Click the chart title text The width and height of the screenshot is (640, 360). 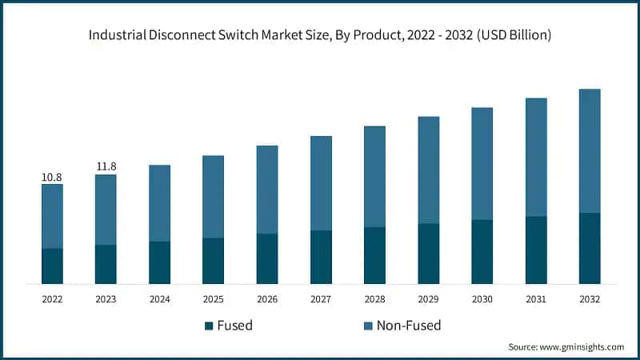(x=320, y=35)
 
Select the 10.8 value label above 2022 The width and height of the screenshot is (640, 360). (x=52, y=176)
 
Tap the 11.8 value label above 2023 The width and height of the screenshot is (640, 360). (x=106, y=166)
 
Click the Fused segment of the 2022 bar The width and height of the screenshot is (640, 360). (x=52, y=266)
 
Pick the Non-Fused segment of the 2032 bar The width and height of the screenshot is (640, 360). (x=590, y=150)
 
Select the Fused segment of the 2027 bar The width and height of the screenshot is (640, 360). (x=321, y=257)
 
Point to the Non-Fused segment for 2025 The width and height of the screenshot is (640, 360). (x=214, y=197)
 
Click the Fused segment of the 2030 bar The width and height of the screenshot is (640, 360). (x=482, y=251)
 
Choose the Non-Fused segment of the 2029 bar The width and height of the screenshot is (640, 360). (x=429, y=170)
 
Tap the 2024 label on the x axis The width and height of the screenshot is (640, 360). (x=159, y=298)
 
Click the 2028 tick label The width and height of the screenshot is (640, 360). (x=374, y=298)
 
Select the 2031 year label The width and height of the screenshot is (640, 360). (x=536, y=298)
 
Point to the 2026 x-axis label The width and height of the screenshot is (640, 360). (x=267, y=298)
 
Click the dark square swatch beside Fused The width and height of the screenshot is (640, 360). (x=210, y=326)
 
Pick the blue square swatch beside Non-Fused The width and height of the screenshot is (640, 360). (x=368, y=326)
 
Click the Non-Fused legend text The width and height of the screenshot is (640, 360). (x=409, y=326)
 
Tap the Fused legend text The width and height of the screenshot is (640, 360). (x=235, y=326)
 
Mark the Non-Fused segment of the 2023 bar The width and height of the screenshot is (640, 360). (x=106, y=210)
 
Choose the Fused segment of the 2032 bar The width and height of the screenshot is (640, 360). (x=590, y=248)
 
